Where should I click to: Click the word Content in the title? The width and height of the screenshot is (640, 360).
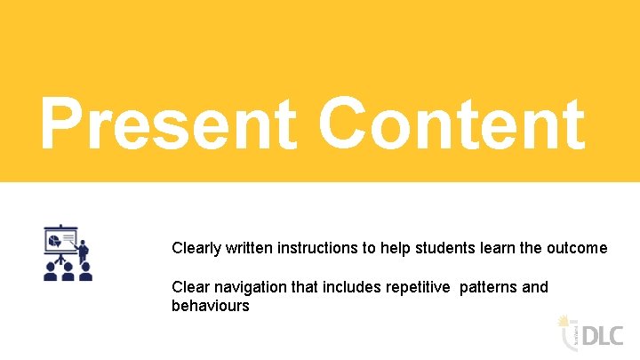[x=452, y=124]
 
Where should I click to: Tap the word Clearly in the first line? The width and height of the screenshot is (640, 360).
[x=197, y=248]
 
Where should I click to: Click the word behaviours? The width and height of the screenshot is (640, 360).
[x=211, y=306]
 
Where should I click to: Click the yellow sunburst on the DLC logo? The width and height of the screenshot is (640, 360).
[x=562, y=320]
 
